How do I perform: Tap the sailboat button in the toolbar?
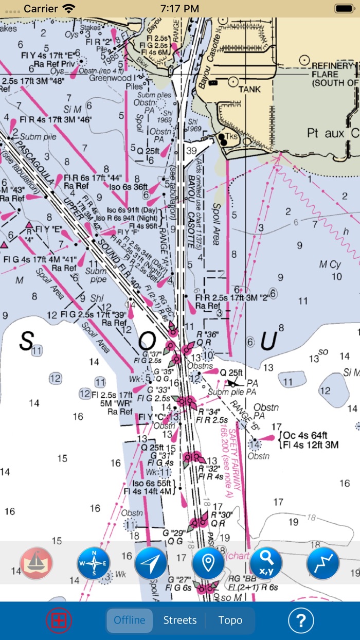(x=36, y=563)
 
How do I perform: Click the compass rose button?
(x=94, y=563)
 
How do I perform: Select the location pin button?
(x=208, y=563)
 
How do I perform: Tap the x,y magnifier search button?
(x=266, y=563)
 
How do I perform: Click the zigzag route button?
(x=323, y=563)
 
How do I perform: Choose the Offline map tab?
(x=130, y=620)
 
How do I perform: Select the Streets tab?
(x=179, y=620)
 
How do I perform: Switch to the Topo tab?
(x=230, y=620)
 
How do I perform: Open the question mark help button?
(x=301, y=621)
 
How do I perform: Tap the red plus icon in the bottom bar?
(x=59, y=620)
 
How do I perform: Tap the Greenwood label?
(x=111, y=78)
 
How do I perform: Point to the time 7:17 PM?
(x=179, y=8)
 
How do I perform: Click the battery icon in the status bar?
(x=344, y=8)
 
